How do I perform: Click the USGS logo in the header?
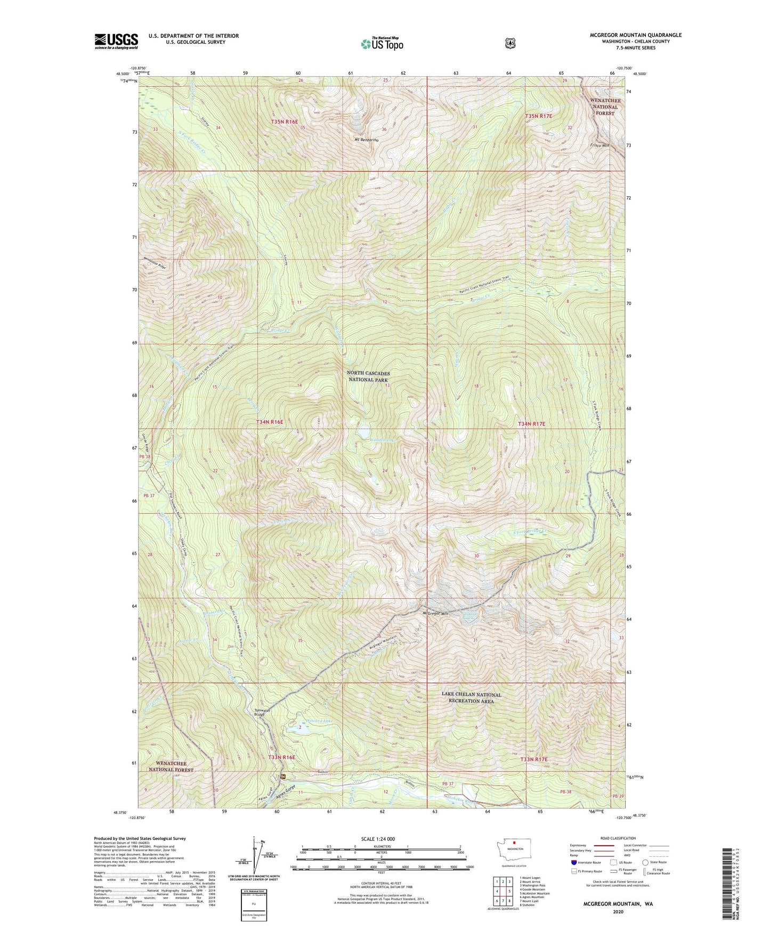[116, 41]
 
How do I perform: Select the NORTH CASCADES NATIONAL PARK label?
[368, 376]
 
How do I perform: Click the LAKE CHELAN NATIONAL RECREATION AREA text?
[471, 698]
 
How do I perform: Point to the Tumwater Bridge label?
[263, 712]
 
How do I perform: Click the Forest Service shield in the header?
[510, 43]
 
